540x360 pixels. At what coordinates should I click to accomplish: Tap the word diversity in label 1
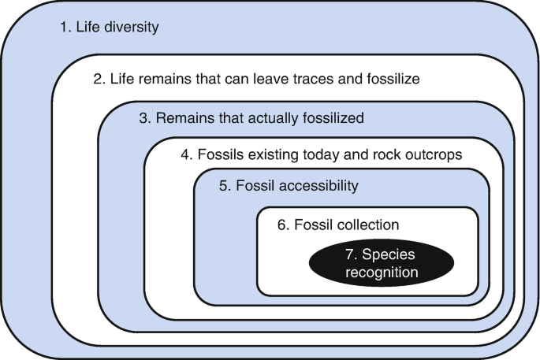pos(132,28)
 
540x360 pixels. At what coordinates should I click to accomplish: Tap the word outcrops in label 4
pos(435,155)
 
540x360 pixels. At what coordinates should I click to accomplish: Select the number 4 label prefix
pos(186,155)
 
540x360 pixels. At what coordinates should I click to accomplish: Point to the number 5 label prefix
pos(224,187)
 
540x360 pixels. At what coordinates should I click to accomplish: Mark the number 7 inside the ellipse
pos(349,256)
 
